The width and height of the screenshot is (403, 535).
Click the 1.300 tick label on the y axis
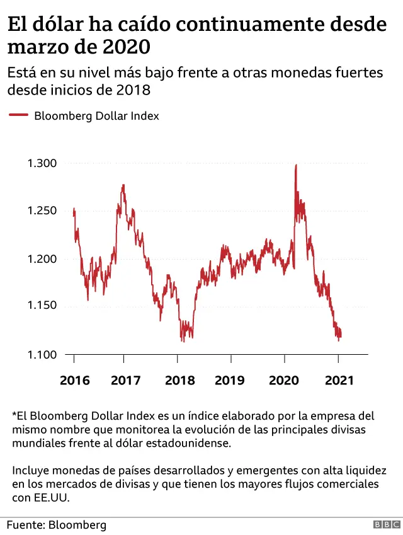click(x=42, y=163)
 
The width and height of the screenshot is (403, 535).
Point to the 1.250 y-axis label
click(x=42, y=210)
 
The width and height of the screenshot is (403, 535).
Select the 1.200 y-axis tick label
click(x=42, y=258)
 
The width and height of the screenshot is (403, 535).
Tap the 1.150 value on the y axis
click(x=42, y=306)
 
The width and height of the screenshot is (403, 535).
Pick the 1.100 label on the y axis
click(x=42, y=354)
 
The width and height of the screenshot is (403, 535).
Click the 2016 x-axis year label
click(x=74, y=381)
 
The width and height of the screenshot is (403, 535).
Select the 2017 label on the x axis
click(x=125, y=381)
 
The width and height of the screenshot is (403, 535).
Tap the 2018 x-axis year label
click(x=179, y=381)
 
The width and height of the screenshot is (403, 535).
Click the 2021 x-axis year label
click(x=339, y=381)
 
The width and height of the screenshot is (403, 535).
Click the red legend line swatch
click(x=18, y=116)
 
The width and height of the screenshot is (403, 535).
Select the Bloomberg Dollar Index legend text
click(x=96, y=116)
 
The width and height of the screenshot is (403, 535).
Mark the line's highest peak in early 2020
click(x=296, y=166)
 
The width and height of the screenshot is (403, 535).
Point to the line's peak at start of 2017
click(x=123, y=185)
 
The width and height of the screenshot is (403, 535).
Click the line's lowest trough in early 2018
click(x=183, y=341)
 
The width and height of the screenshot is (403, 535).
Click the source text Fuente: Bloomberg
click(x=57, y=524)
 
